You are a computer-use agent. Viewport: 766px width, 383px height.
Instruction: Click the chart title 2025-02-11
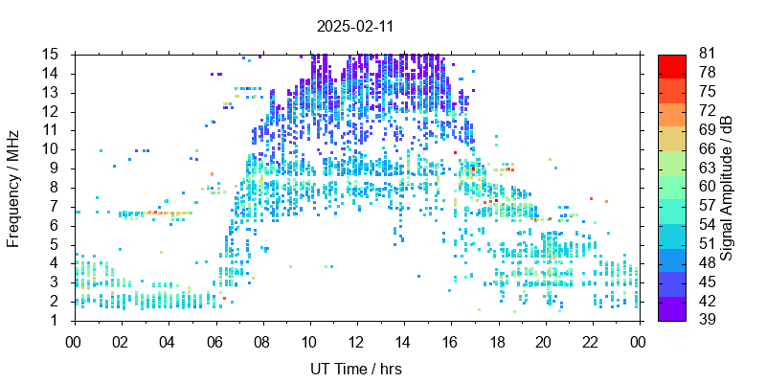[355, 27]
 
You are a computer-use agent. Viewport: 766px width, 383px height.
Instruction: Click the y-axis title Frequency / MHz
[14, 187]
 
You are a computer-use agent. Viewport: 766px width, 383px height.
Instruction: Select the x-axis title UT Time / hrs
[355, 369]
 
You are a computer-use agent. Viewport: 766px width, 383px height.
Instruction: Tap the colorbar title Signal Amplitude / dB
[728, 188]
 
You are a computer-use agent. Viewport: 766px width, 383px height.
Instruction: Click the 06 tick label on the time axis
[214, 340]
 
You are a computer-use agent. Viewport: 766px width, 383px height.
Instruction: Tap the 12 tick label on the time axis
[355, 340]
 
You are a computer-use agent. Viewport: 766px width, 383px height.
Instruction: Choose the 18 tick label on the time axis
[496, 340]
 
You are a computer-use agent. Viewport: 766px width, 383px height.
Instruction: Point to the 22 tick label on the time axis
[590, 340]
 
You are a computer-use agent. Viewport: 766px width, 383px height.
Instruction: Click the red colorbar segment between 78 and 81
[672, 66]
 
